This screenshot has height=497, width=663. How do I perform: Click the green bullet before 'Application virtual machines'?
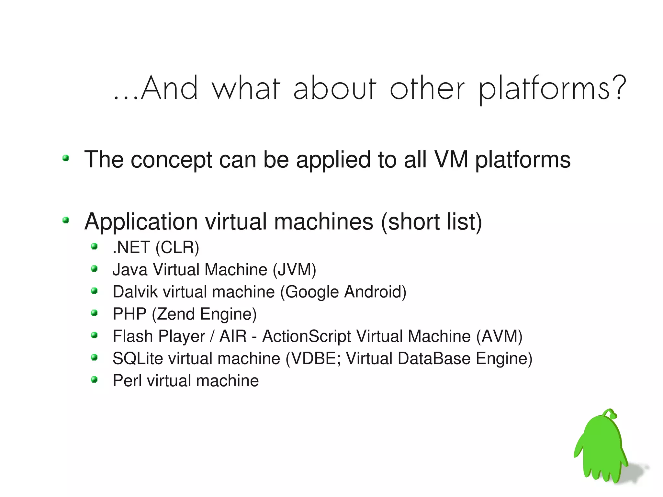coord(66,220)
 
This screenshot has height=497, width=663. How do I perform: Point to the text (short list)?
coord(432,222)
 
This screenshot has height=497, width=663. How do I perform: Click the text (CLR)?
coord(177,248)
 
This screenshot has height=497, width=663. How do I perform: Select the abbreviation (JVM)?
coord(294,270)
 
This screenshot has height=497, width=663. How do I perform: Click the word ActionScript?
coord(306,336)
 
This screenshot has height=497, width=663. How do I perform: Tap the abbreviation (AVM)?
coord(499,336)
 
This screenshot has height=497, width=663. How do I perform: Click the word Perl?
coord(127,381)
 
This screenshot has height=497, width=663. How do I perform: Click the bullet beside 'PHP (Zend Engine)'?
coord(94,313)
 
